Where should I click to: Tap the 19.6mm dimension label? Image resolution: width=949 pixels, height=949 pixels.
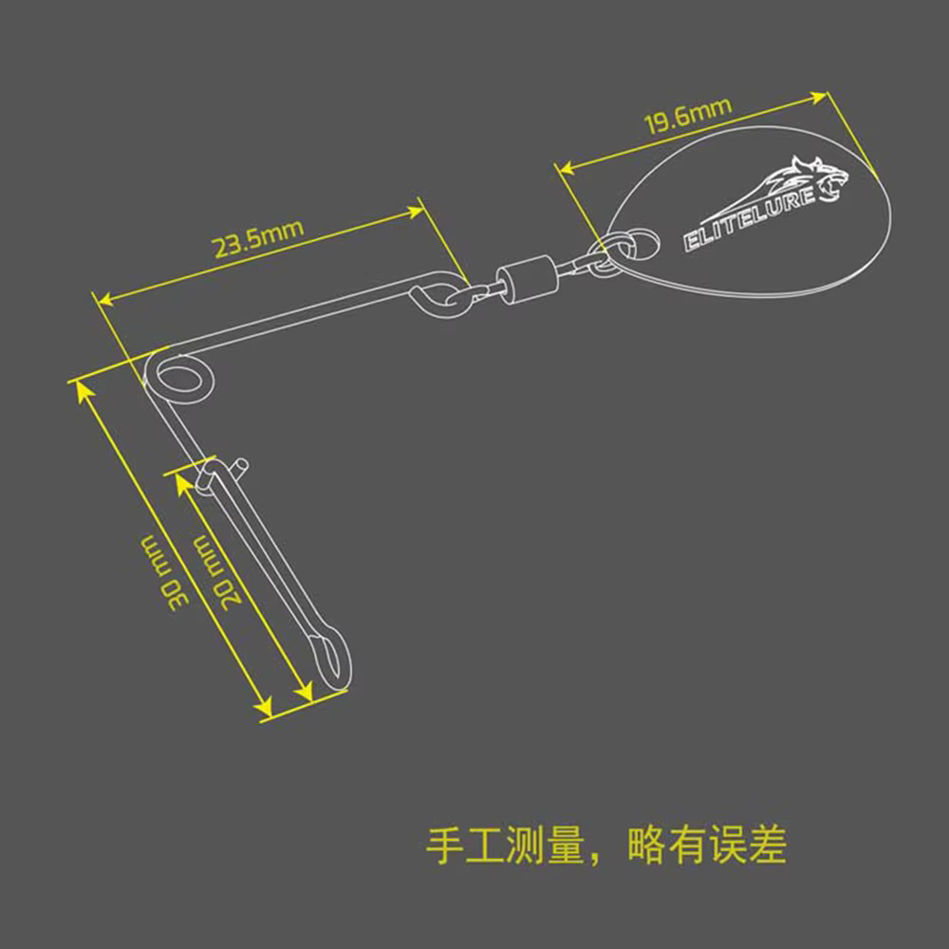point(688,116)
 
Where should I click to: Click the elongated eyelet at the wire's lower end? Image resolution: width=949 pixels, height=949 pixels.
point(330,659)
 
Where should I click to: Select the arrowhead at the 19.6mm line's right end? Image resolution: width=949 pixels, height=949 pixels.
point(819,98)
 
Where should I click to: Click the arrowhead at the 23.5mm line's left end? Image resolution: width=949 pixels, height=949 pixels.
point(106,298)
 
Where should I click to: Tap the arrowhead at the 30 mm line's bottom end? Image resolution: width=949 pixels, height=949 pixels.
point(264,706)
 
